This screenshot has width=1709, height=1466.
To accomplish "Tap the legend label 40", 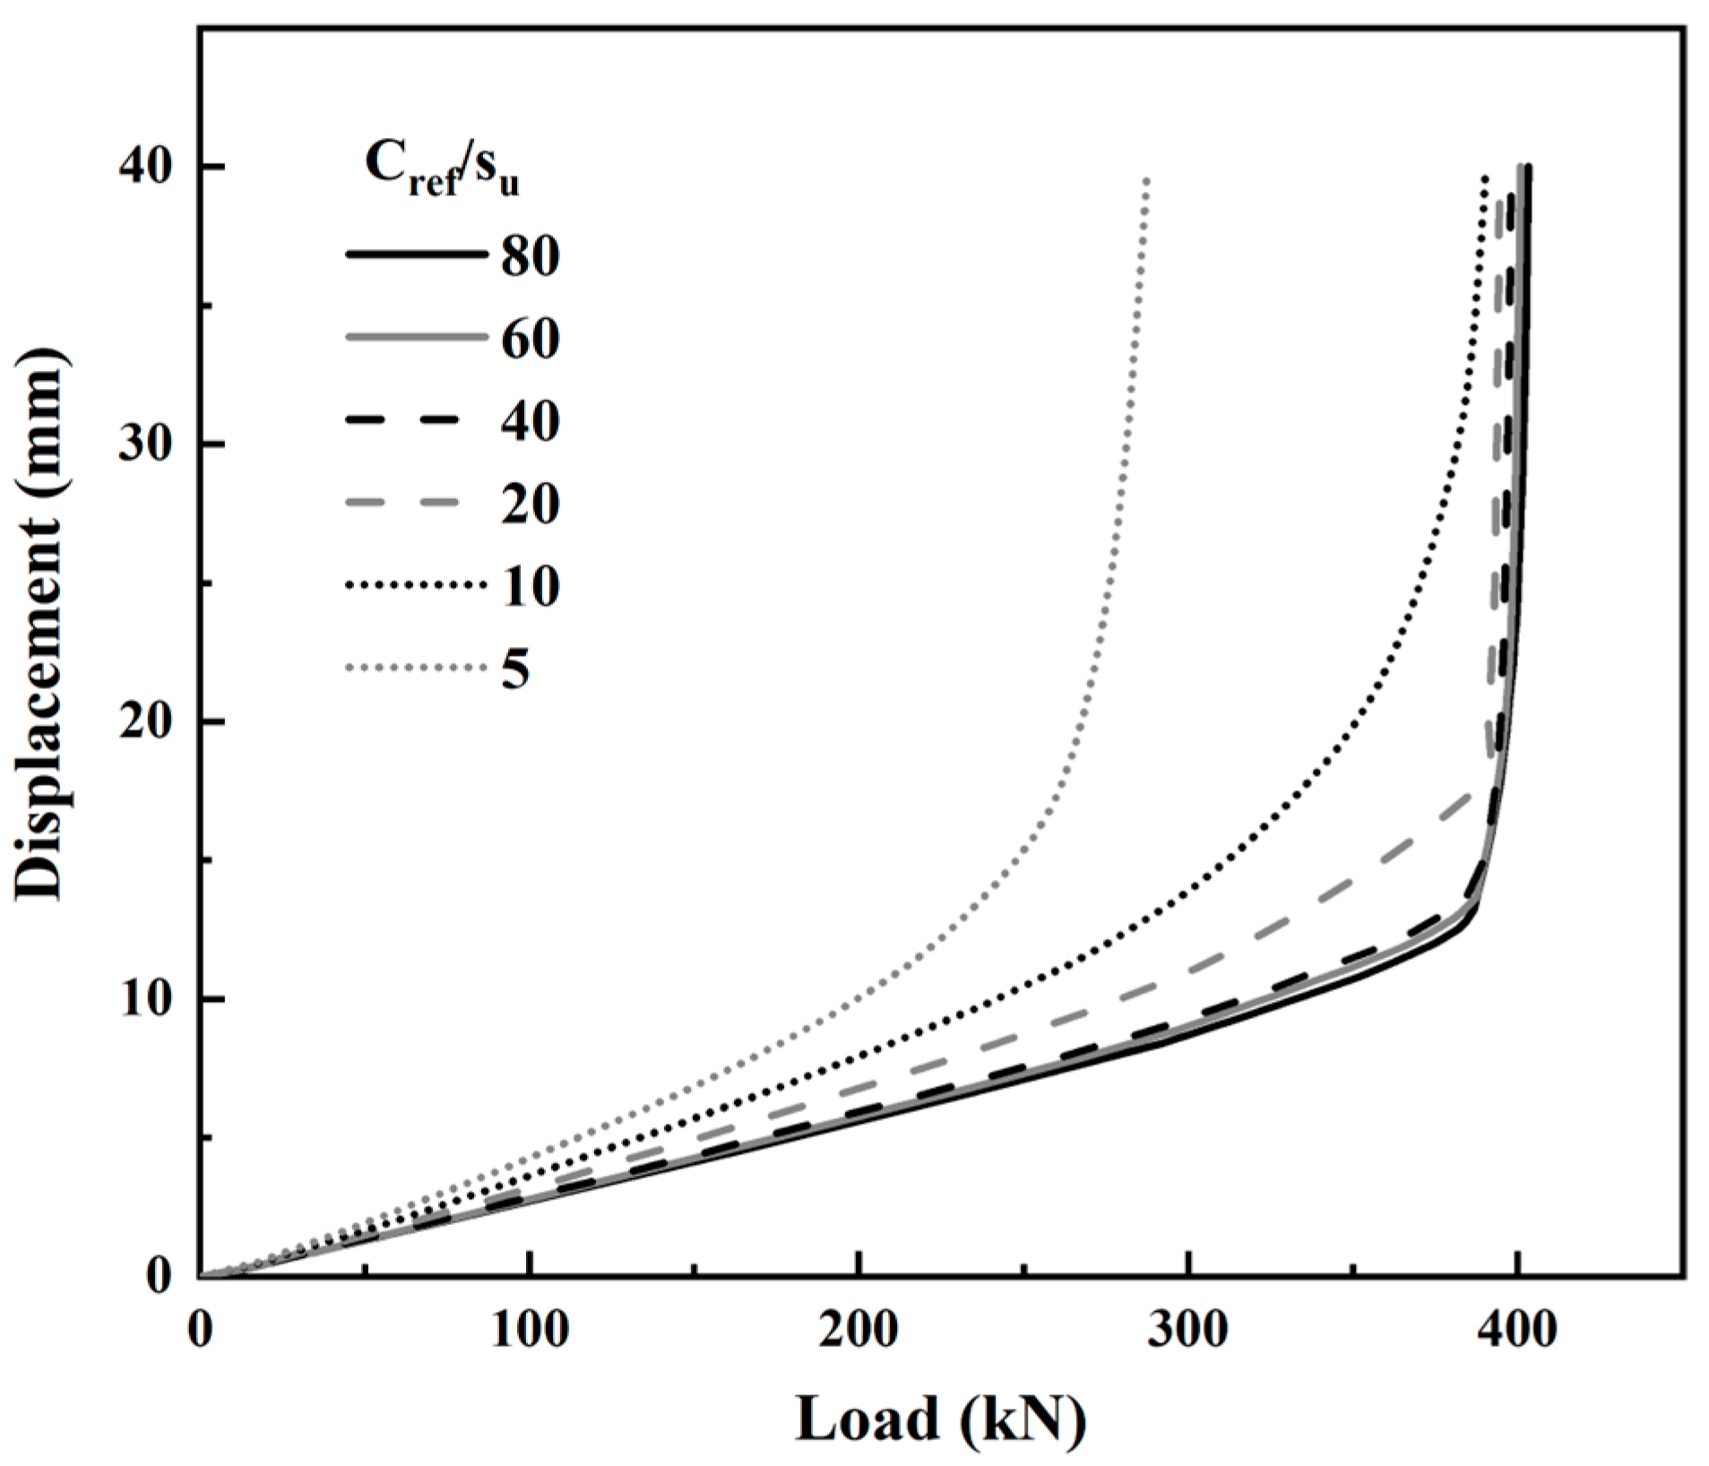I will (531, 421).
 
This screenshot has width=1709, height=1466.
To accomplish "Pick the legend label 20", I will (531, 504).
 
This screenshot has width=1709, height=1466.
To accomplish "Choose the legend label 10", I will (531, 587).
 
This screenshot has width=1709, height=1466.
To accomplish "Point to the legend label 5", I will (515, 669).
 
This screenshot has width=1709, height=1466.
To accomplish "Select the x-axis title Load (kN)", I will (940, 1419).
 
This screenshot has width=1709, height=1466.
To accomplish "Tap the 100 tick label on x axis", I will (530, 1331).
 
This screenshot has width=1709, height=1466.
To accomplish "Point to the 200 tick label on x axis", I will (859, 1331).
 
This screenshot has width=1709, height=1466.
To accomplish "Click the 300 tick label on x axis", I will (1187, 1331).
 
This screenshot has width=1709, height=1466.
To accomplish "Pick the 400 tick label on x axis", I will (1516, 1331).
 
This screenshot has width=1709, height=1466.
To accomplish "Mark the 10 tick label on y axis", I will (146, 999).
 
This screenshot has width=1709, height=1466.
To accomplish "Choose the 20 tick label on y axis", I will (146, 721).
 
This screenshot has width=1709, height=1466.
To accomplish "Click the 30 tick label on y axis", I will (146, 444).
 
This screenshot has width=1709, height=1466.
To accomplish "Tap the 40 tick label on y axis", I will (146, 167).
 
